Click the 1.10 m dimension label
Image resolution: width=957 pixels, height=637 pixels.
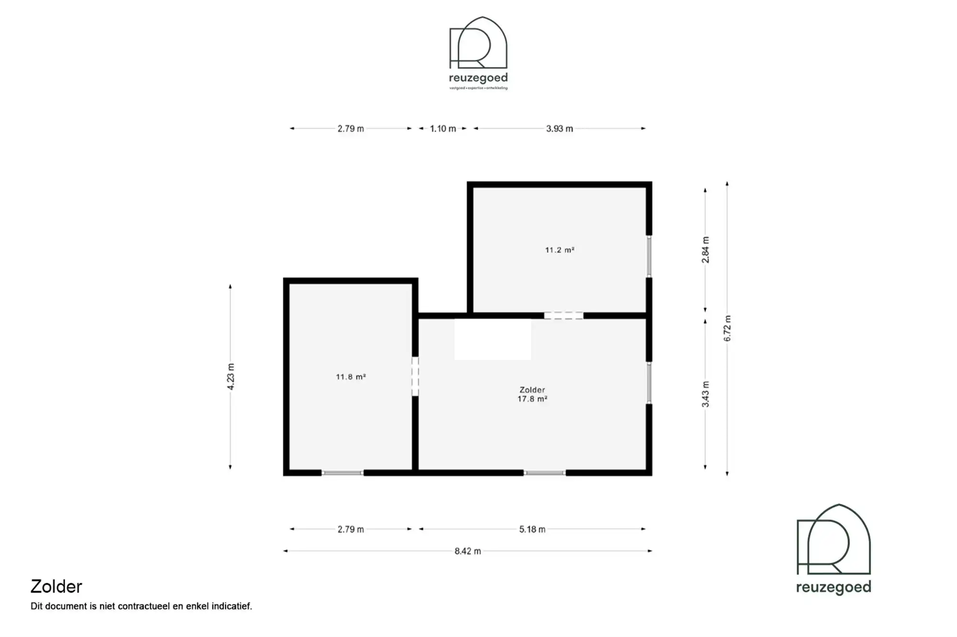[x=443, y=129]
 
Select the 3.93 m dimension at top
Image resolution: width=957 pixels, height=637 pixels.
[x=559, y=129]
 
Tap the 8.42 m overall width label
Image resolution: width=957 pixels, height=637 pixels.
[x=467, y=551]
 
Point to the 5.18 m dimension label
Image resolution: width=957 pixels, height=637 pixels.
[x=532, y=529]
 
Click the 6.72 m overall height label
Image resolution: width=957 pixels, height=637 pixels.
[x=727, y=328]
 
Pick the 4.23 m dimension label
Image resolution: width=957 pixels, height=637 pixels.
[x=231, y=377]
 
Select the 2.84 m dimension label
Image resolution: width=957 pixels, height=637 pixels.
[x=705, y=250]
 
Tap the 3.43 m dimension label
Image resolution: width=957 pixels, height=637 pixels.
[x=705, y=394]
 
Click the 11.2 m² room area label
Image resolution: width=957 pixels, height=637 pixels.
[x=559, y=250]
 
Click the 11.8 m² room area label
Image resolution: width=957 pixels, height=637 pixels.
[x=351, y=377]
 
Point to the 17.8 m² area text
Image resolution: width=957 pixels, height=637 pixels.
[x=532, y=399]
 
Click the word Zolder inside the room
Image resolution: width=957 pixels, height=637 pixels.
[x=532, y=390]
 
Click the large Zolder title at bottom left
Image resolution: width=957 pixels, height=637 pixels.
[x=56, y=587]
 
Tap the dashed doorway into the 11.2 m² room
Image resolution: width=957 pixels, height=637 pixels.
[x=563, y=315]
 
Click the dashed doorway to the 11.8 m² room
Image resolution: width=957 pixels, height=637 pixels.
[x=415, y=376]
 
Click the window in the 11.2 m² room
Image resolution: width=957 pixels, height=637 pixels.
[x=649, y=256]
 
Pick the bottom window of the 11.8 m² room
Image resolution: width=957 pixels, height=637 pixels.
[x=342, y=473]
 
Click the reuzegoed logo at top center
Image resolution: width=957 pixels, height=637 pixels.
[x=478, y=53]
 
